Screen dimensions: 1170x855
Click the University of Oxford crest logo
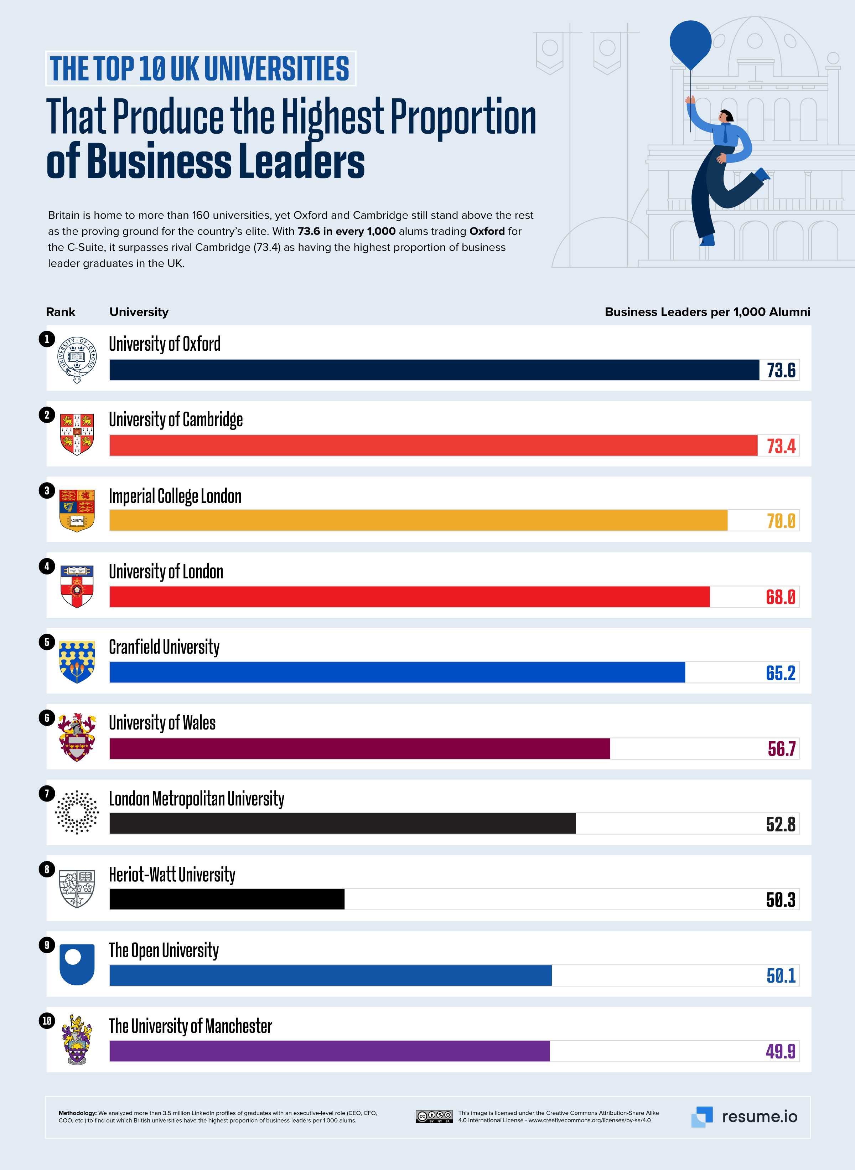tap(77, 359)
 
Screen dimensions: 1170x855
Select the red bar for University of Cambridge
tap(433, 445)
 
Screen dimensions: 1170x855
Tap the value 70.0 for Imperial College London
tap(781, 521)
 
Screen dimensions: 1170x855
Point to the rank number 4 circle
tap(47, 566)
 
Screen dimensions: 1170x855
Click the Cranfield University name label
tap(164, 647)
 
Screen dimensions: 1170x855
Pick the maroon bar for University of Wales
tap(360, 749)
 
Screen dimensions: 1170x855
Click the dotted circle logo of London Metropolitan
tap(77, 812)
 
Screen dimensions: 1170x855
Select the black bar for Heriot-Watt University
tap(227, 899)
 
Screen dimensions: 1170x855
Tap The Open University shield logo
tap(77, 964)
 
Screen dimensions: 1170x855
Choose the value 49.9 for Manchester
tap(781, 1051)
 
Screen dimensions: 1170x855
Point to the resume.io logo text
tap(759, 1117)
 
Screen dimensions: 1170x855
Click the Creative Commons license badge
tap(434, 1117)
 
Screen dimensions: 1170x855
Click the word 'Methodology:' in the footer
tap(77, 1113)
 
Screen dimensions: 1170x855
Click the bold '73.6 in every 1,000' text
tap(346, 231)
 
